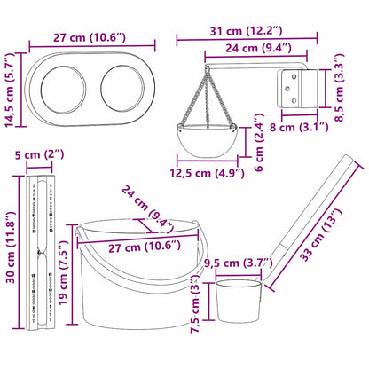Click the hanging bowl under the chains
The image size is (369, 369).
[208, 137]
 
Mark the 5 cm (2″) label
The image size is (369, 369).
[41, 155]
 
